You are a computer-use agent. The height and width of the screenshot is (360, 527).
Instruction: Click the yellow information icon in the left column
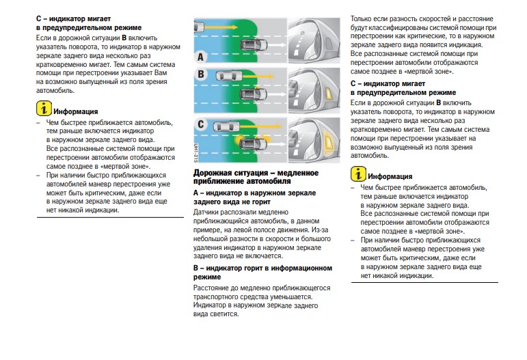pos(44,109)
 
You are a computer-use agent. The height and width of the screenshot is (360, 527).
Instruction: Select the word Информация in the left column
pos(77,111)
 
